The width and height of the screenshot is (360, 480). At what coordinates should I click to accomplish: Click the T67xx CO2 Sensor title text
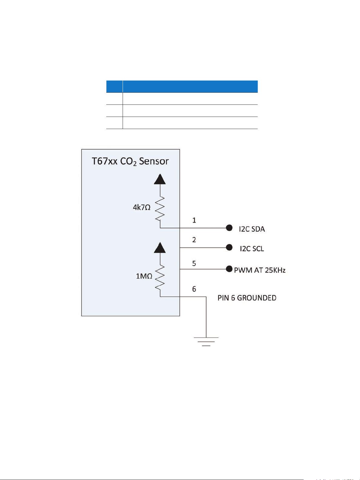(x=130, y=161)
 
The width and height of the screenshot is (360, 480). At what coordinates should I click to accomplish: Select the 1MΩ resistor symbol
(x=160, y=277)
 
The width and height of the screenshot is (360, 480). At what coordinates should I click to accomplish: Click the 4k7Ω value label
(x=142, y=207)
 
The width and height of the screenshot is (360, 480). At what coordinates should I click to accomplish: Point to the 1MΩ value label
(x=144, y=276)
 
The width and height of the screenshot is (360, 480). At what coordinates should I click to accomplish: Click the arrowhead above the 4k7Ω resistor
(x=160, y=179)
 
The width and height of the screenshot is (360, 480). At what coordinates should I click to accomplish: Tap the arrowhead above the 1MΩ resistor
(x=160, y=247)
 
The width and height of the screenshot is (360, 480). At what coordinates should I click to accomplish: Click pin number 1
(x=194, y=220)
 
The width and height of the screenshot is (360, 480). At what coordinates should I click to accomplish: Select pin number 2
(x=194, y=240)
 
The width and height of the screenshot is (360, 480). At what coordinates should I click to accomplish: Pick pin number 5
(x=194, y=263)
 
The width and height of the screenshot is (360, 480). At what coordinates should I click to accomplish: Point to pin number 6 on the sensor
(x=194, y=289)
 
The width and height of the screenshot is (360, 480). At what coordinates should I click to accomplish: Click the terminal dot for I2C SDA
(x=229, y=228)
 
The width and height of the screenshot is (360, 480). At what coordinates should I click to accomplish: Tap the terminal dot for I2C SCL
(x=229, y=247)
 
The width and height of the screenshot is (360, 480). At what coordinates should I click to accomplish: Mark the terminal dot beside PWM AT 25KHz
(x=229, y=269)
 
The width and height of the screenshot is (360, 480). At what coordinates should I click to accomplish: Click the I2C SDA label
(x=252, y=229)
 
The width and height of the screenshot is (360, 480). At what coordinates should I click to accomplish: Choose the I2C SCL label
(x=252, y=249)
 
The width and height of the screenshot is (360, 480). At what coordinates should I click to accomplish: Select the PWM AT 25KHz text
(x=260, y=270)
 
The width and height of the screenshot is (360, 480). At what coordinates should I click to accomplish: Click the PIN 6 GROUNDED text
(x=247, y=298)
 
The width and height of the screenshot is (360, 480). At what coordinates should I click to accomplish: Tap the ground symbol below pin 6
(x=206, y=341)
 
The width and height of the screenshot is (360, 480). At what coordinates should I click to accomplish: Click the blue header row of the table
(x=182, y=87)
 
